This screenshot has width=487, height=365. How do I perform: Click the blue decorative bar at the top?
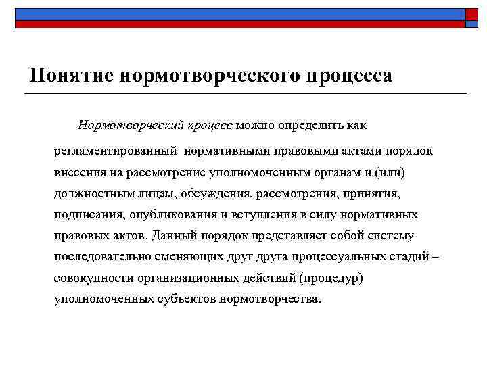click(x=237, y=14)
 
